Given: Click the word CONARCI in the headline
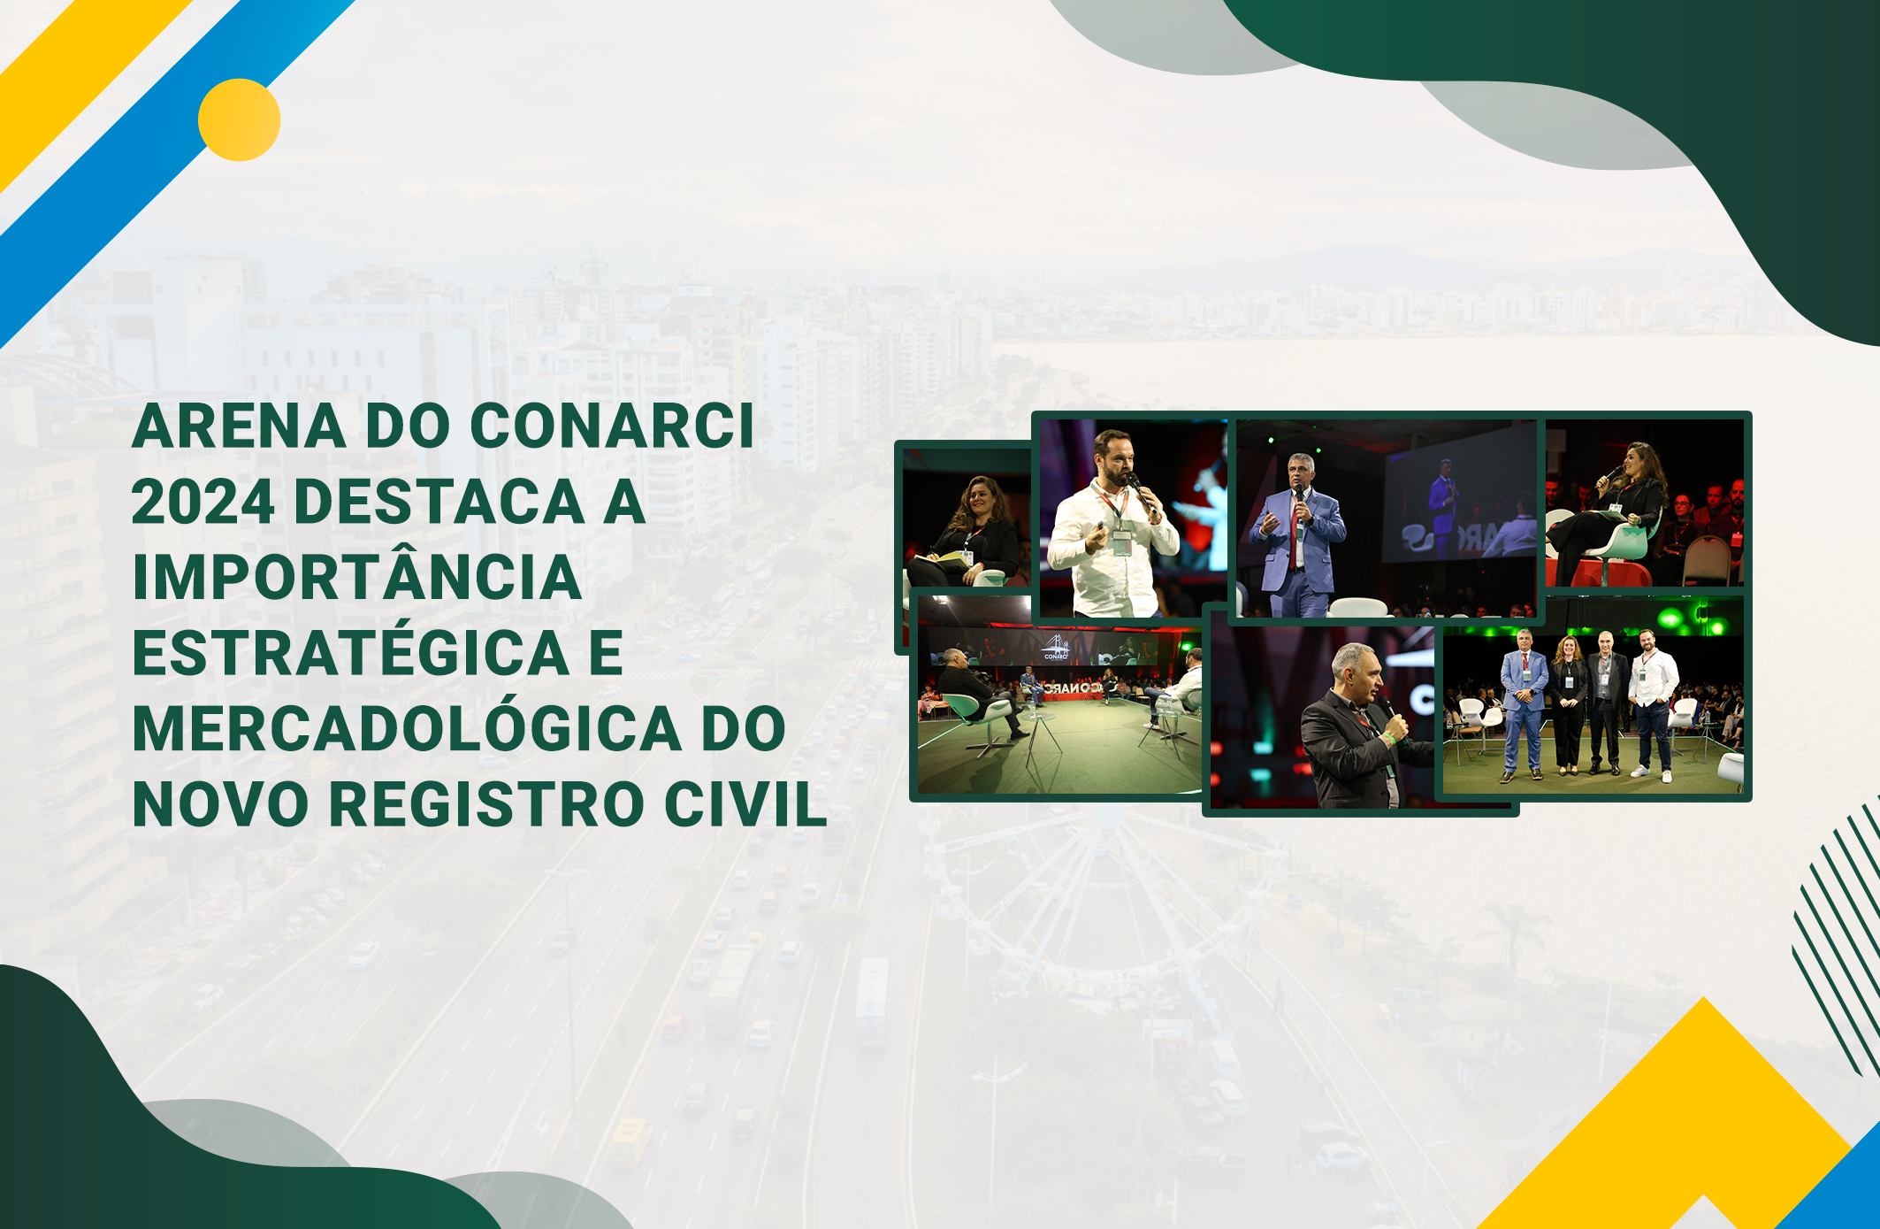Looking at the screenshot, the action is tap(612, 426).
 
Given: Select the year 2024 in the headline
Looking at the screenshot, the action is tap(203, 502).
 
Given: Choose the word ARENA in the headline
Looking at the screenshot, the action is tap(239, 426).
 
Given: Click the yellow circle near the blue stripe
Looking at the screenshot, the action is tap(239, 119).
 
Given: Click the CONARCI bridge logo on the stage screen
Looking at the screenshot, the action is tap(1056, 647).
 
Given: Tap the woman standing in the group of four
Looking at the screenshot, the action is tap(1569, 703).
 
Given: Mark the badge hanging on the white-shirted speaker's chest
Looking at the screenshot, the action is tap(1121, 542).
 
